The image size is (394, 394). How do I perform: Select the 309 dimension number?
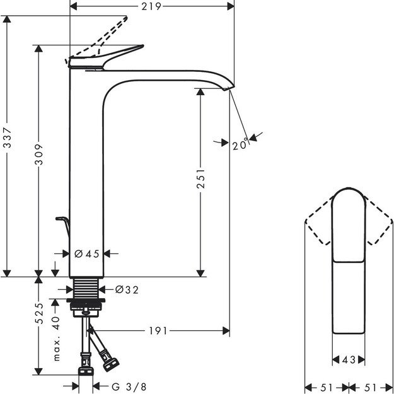pos(39,161)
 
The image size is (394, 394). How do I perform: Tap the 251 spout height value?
pos(201,182)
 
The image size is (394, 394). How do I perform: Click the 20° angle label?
pos(239,146)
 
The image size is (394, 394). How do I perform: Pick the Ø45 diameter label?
pos(86,253)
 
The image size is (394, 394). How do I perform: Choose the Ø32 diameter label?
pos(127,290)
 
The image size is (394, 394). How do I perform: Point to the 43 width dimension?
pos(348,360)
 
